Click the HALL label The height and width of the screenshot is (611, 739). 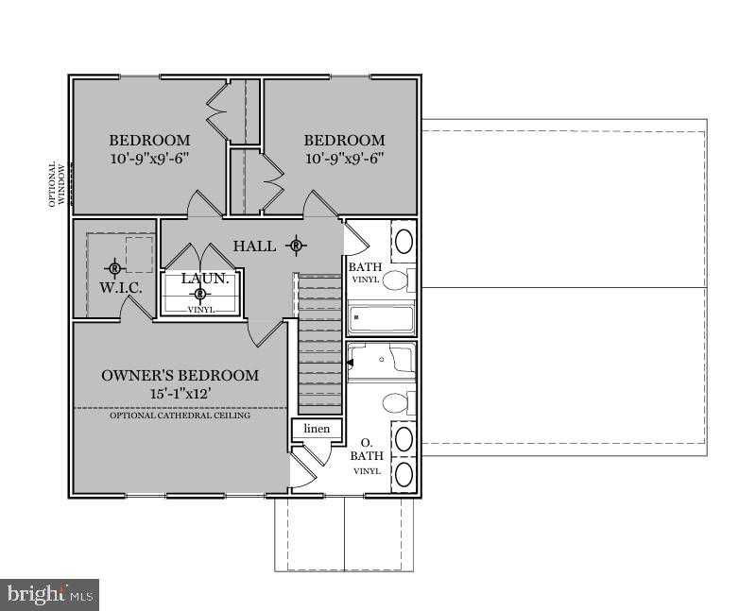254,246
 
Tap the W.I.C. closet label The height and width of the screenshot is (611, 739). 121,287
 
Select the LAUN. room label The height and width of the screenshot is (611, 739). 205,279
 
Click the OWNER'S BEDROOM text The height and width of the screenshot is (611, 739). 180,376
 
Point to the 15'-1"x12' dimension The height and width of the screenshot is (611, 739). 180,394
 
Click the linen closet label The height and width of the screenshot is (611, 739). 317,429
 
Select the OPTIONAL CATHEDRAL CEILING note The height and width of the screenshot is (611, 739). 180,416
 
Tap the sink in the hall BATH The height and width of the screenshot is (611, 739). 404,241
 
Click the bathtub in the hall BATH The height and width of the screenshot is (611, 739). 381,318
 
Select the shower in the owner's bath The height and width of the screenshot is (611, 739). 381,361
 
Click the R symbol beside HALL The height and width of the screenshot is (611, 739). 296,246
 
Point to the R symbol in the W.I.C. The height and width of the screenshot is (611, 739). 114,268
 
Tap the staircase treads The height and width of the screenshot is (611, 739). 319,344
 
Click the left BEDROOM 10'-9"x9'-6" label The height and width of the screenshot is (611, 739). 150,149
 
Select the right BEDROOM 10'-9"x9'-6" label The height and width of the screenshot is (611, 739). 344,149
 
